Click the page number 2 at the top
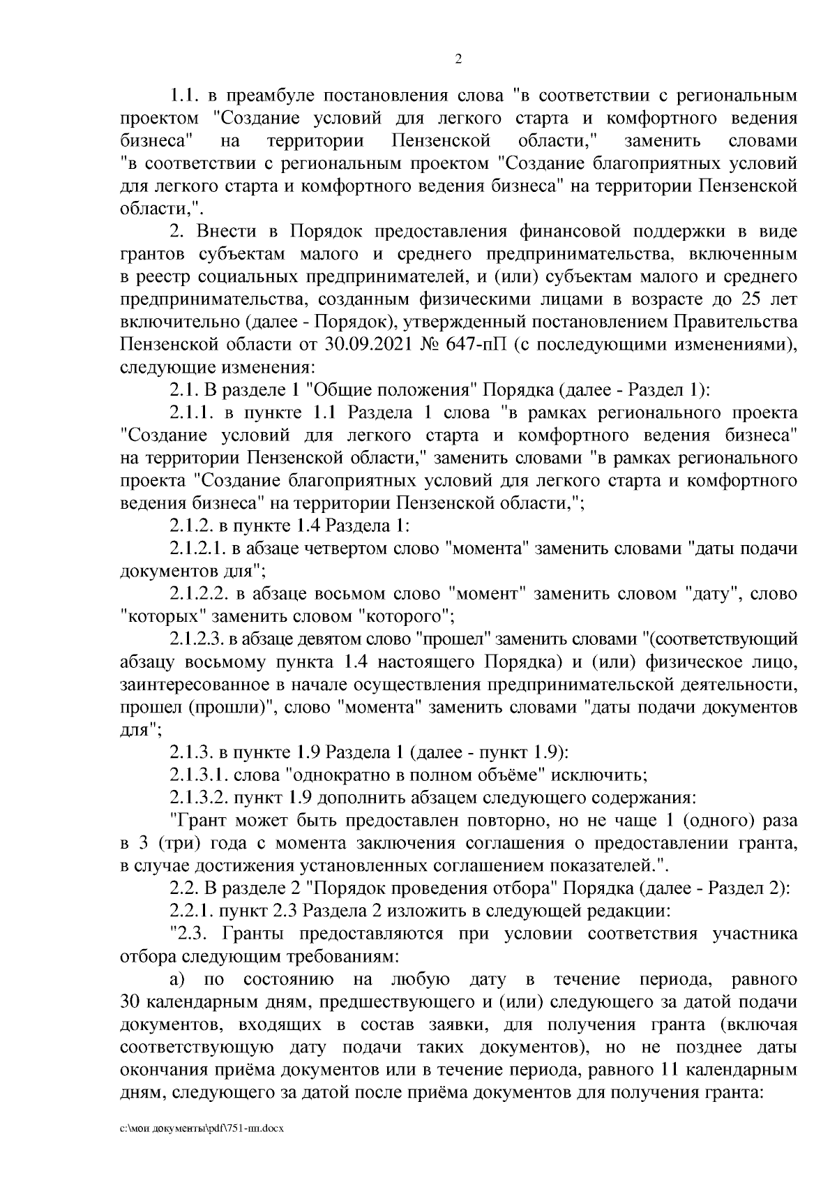pyautogui.click(x=458, y=60)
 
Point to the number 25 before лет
pyautogui.click(x=748, y=299)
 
